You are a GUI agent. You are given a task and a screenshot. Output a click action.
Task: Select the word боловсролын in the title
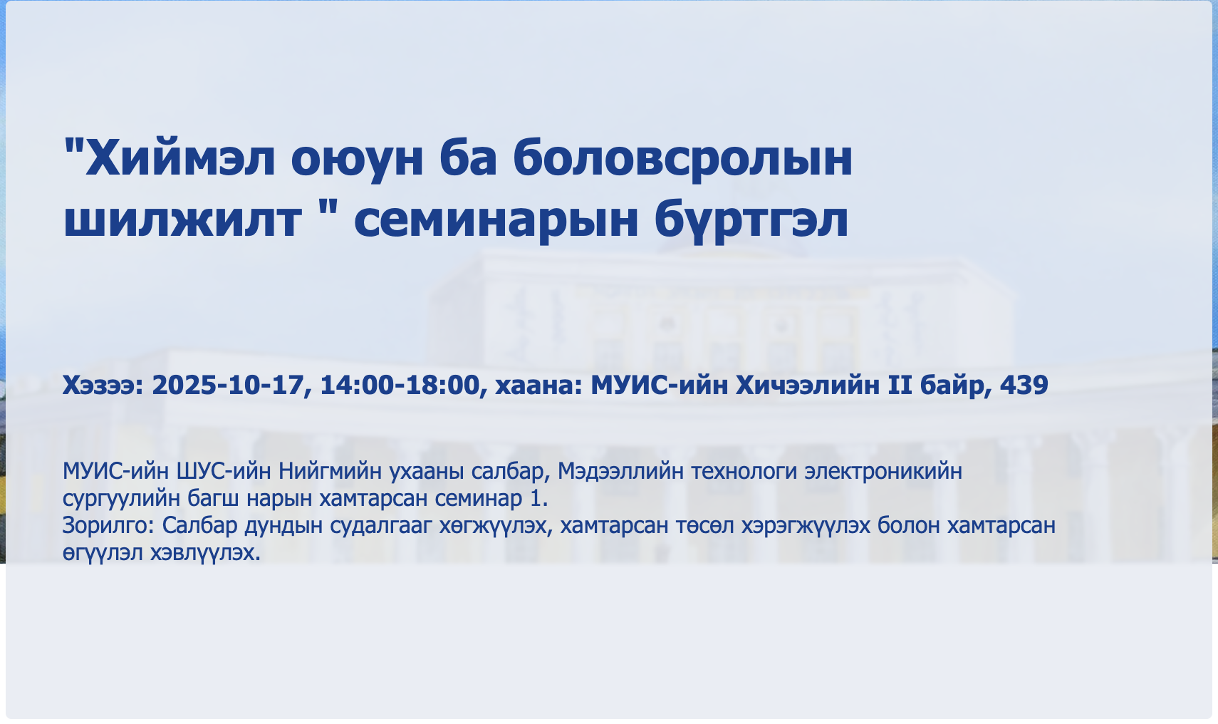pos(682,161)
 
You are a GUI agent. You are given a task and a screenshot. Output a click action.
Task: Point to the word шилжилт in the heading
pos(182,219)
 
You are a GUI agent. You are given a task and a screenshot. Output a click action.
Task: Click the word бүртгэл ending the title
pos(751,219)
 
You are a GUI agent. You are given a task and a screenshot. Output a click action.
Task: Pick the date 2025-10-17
pos(228,385)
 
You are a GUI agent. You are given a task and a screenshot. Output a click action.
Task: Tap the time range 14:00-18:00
pos(400,385)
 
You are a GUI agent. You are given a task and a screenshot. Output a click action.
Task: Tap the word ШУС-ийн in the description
pos(224,471)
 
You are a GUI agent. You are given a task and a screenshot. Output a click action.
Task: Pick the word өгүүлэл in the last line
pos(103,554)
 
